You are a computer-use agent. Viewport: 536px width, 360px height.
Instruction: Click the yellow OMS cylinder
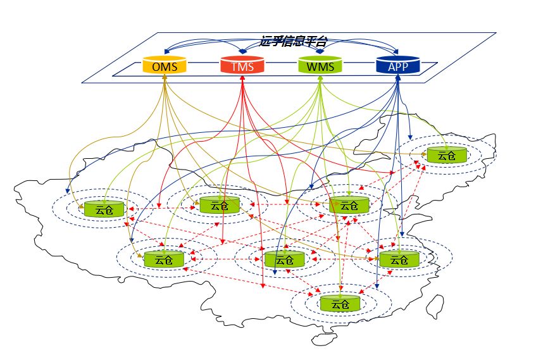(x=164, y=65)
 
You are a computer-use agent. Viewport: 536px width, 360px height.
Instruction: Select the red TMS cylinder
(x=242, y=65)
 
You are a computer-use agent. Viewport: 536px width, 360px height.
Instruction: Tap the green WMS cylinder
(x=320, y=65)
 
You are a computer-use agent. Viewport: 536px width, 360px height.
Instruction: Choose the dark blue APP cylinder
(x=397, y=65)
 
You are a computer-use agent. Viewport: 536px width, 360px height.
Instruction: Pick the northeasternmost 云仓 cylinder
(x=446, y=154)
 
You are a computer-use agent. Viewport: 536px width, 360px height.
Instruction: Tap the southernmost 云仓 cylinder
(x=340, y=303)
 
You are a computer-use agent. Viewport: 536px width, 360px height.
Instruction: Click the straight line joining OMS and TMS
(x=203, y=64)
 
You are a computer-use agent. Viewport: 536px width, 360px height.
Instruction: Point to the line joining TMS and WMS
(x=281, y=64)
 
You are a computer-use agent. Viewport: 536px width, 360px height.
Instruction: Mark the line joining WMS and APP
(x=359, y=64)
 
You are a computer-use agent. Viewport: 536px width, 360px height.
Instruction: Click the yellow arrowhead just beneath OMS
(x=164, y=77)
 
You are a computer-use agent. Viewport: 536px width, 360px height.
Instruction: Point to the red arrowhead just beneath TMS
(x=242, y=77)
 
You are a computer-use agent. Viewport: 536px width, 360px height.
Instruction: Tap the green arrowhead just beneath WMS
(x=320, y=77)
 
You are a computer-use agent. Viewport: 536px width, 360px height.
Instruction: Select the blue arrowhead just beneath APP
(x=397, y=77)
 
